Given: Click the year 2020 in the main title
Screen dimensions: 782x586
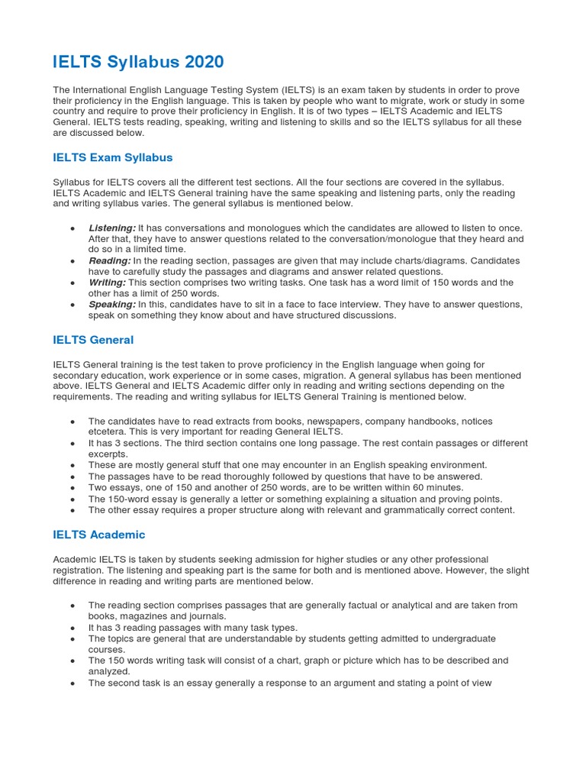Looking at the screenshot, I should (x=201, y=62).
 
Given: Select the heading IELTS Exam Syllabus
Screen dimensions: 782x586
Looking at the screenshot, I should (x=113, y=157).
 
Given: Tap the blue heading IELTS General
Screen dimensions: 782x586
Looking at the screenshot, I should (x=93, y=340).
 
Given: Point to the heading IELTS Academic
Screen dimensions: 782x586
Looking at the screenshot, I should (x=99, y=535).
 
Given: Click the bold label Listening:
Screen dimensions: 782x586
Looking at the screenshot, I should (x=112, y=228).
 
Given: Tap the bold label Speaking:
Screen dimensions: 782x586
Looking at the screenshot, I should (x=112, y=305).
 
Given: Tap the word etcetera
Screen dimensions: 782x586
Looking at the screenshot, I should (x=109, y=431).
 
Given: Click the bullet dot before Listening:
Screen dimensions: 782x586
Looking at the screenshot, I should (x=72, y=228).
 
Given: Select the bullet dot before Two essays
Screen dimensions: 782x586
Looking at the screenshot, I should (x=72, y=487).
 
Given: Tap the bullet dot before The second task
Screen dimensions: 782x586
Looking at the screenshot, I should (x=72, y=683).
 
